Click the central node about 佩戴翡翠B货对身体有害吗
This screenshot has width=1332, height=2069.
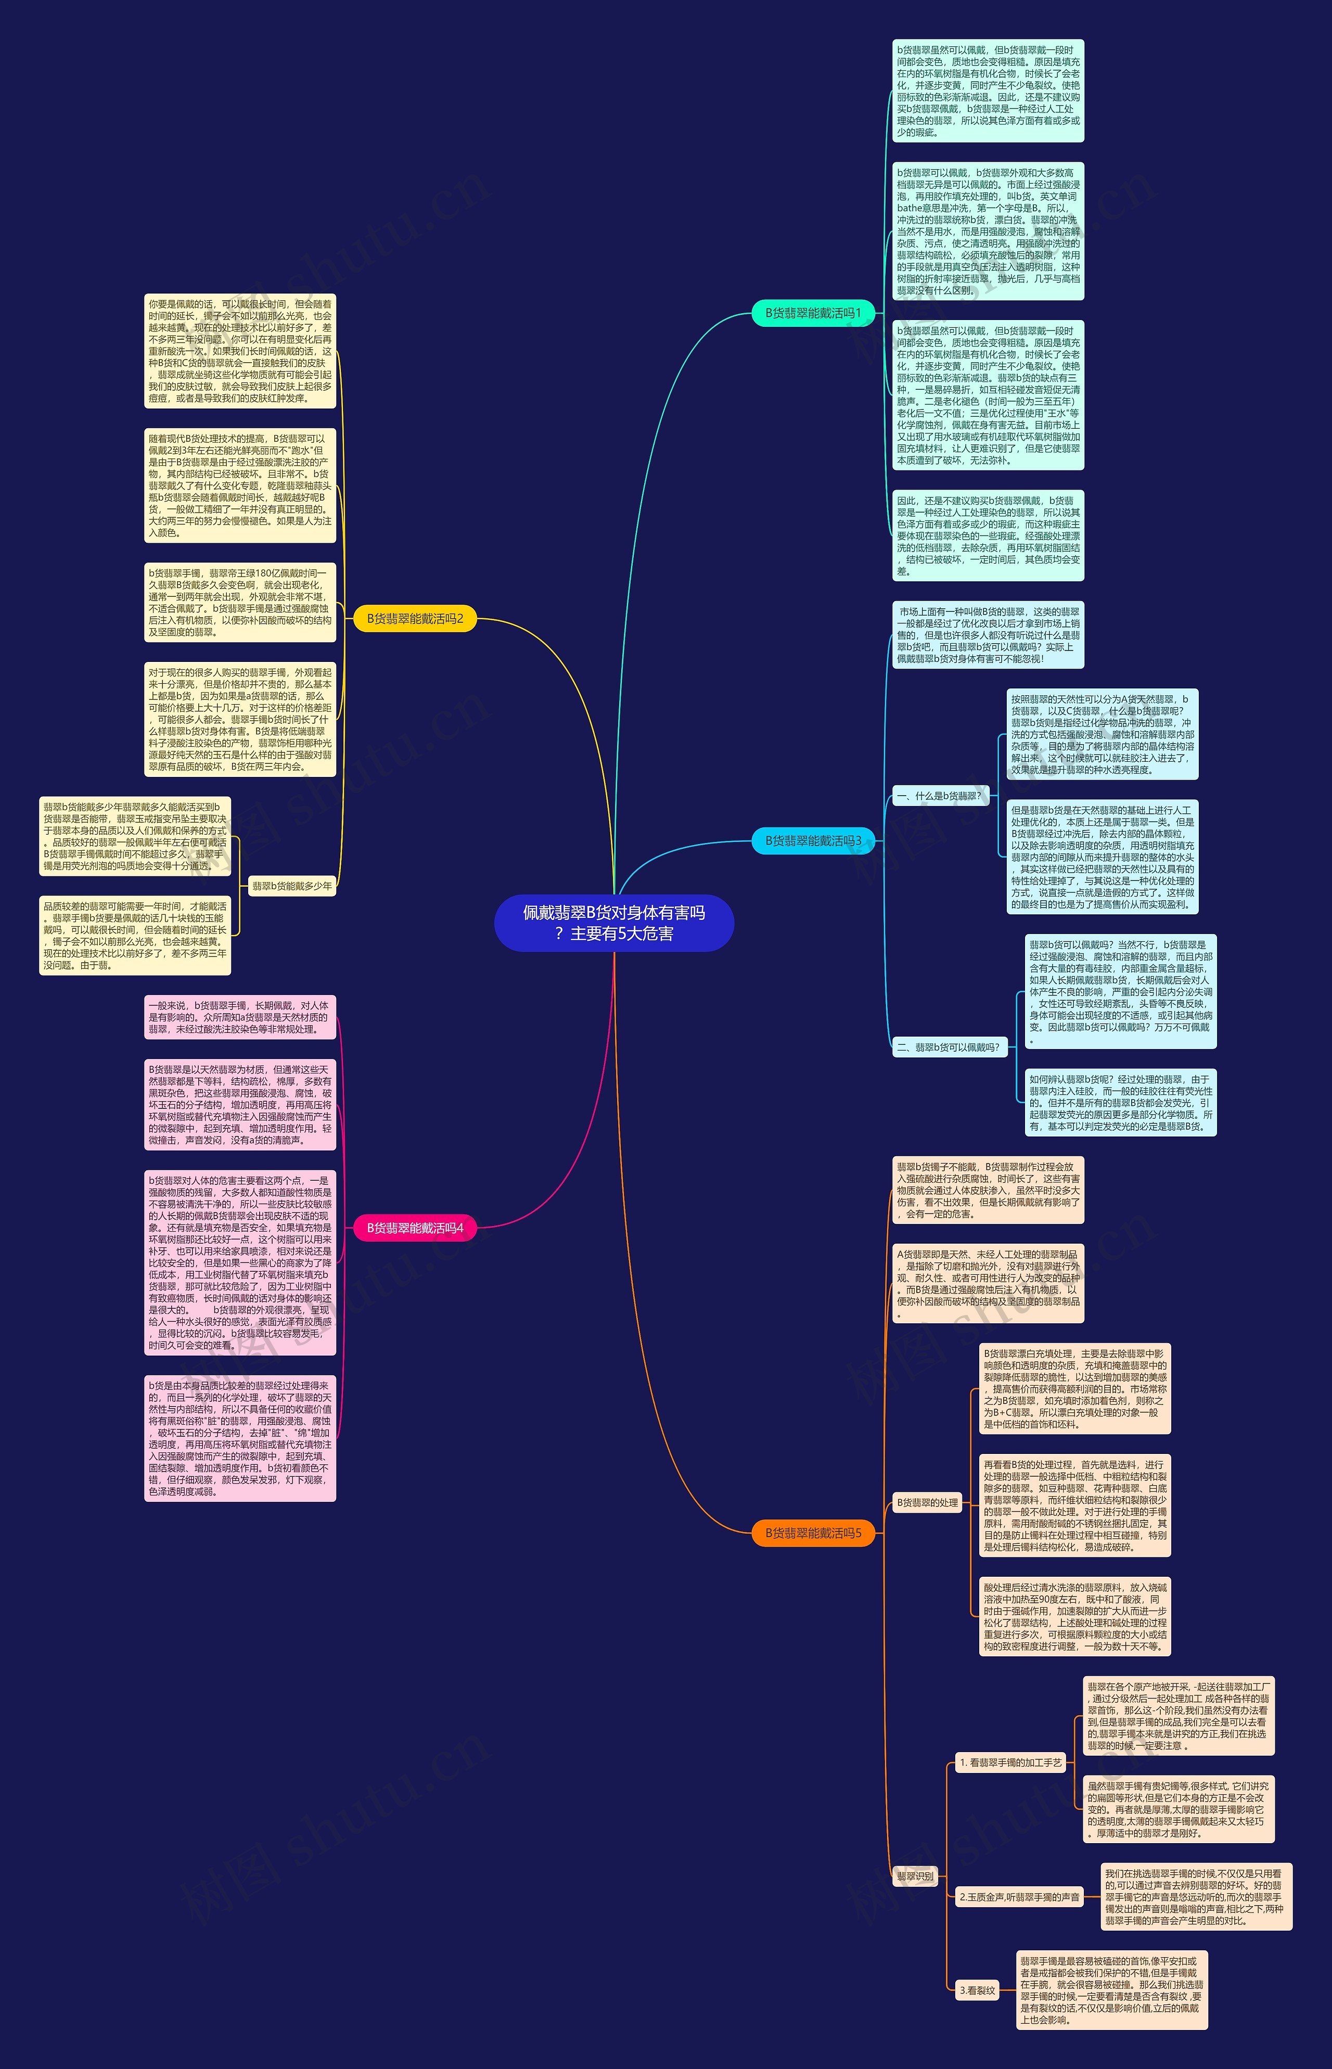(x=614, y=923)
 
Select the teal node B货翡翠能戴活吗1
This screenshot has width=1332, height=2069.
(x=813, y=313)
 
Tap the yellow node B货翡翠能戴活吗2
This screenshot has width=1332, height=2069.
(x=415, y=618)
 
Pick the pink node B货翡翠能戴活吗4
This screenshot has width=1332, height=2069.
(x=415, y=1228)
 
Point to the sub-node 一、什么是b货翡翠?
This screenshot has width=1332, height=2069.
(x=939, y=796)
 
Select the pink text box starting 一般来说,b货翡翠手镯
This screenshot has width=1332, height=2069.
(x=239, y=1017)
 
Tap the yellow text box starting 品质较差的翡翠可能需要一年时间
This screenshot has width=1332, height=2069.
(x=135, y=935)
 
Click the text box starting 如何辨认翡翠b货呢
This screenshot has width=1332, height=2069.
(x=1120, y=1103)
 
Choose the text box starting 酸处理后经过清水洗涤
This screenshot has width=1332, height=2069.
(x=1075, y=1617)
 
